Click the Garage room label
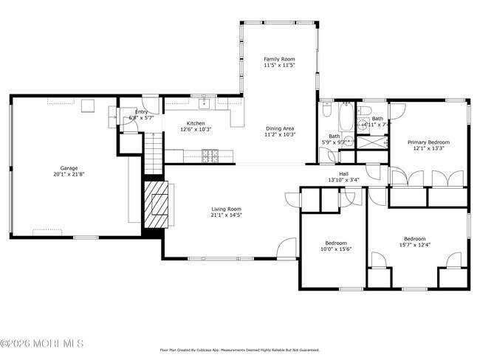[x=69, y=168]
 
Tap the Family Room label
[x=279, y=58]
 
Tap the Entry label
[x=141, y=111]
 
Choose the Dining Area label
[x=281, y=128]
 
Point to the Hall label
[x=343, y=173]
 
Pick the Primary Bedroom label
[x=428, y=142]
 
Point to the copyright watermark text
[x=42, y=344]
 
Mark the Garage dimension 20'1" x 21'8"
[x=69, y=175]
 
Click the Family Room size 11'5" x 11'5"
[x=279, y=65]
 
